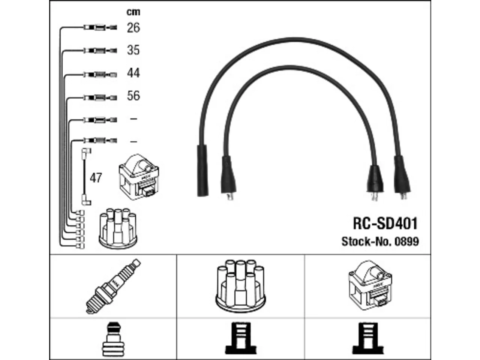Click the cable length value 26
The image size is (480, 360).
coord(133,28)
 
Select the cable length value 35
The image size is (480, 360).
coord(133,50)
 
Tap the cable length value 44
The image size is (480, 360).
coord(133,73)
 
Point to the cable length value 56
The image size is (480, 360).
coord(133,96)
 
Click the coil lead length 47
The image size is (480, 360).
coord(96,178)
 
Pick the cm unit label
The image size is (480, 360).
coord(133,12)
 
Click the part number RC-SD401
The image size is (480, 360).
coord(385,223)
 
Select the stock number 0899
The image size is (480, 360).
coord(407,241)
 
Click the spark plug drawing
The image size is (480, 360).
coord(113,286)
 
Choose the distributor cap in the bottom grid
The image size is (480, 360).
coord(240,286)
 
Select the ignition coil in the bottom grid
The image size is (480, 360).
coord(370,285)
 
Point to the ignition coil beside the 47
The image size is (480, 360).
coord(139,177)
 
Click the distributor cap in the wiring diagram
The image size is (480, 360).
coord(118,228)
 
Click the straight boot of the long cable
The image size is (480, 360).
coord(202,171)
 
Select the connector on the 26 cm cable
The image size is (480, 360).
coord(100,28)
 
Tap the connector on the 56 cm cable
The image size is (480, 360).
coord(100,97)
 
